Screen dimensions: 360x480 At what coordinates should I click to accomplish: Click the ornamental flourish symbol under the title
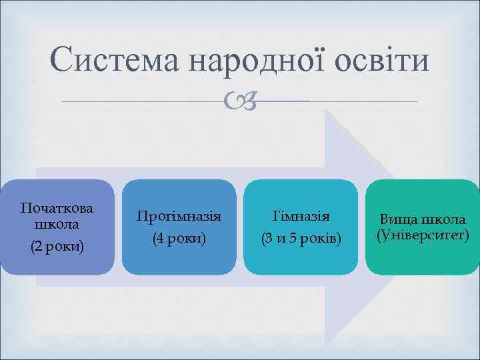(x=240, y=101)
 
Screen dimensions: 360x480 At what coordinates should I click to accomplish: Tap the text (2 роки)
(x=57, y=246)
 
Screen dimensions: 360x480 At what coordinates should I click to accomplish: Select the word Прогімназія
(x=179, y=216)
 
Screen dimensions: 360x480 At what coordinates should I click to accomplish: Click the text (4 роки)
(x=179, y=238)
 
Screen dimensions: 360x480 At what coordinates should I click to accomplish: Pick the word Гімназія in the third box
(x=301, y=216)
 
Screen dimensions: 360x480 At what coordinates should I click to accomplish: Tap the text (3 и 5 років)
(x=301, y=238)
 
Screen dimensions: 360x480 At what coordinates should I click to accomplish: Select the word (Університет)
(x=423, y=235)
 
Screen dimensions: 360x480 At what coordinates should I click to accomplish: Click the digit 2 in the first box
(x=37, y=246)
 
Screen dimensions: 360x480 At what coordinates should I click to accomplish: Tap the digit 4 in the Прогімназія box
(x=159, y=238)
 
